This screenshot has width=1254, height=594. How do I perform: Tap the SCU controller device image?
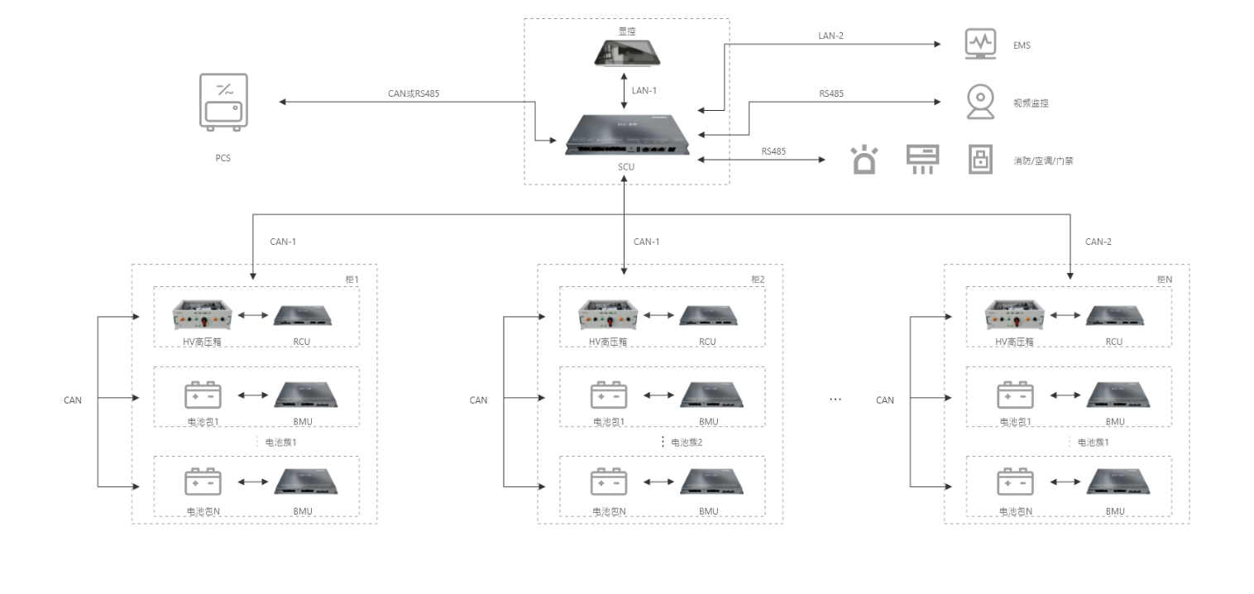click(x=626, y=136)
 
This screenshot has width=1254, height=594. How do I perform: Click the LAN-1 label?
click(x=644, y=90)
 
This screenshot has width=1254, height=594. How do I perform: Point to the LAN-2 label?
click(x=830, y=36)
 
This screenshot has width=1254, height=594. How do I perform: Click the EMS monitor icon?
click(x=980, y=45)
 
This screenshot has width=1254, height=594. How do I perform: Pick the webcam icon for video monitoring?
click(x=980, y=103)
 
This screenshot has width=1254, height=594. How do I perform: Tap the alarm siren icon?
click(x=864, y=160)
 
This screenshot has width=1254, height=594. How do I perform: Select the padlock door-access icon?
click(x=980, y=160)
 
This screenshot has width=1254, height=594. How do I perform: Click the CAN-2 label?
click(x=1098, y=242)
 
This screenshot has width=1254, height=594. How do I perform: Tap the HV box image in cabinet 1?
click(x=201, y=315)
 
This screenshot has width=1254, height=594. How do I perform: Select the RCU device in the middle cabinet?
click(x=708, y=315)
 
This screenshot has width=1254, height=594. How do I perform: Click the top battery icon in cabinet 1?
click(x=203, y=395)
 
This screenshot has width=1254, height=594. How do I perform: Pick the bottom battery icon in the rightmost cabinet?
click(x=1015, y=482)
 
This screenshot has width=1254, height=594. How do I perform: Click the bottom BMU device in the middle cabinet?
click(x=709, y=482)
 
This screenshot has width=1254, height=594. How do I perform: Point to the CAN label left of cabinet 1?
click(x=73, y=400)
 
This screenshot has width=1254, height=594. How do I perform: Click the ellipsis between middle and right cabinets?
click(x=835, y=400)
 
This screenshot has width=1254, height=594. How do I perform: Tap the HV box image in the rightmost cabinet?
click(x=1014, y=315)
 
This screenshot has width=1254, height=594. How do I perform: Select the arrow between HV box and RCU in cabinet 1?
click(x=251, y=315)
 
